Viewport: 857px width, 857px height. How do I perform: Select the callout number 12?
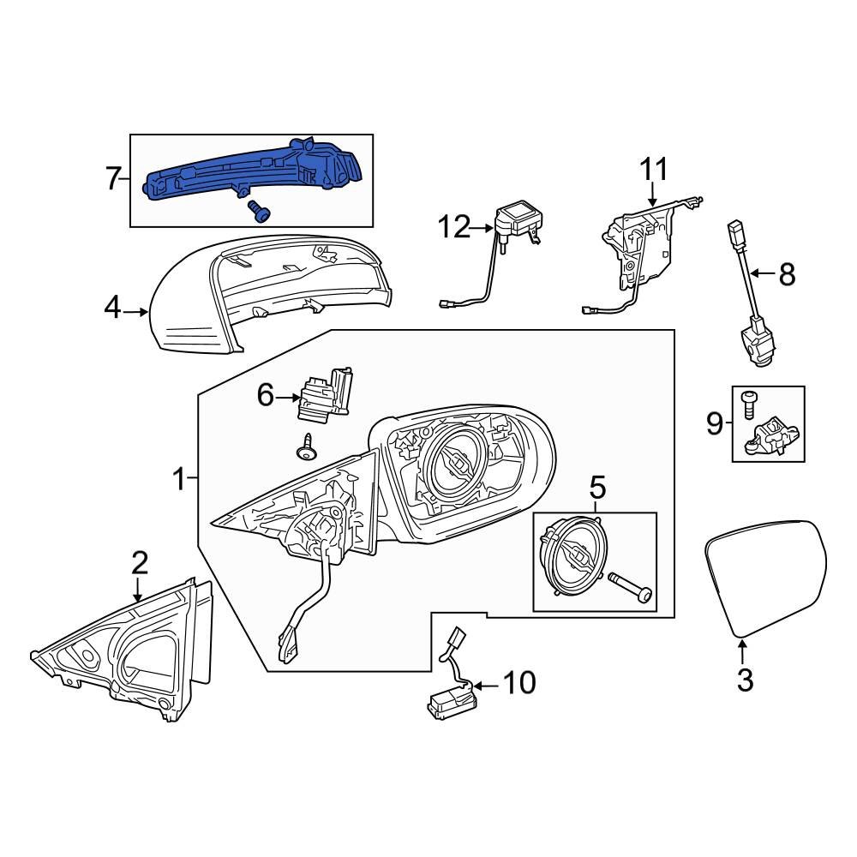coord(455,228)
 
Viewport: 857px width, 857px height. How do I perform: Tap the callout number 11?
coord(654,170)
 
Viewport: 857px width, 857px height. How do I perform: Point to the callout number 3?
coord(745,681)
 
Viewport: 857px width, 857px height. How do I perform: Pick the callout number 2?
coord(139,563)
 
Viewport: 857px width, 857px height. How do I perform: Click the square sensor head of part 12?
coord(518,214)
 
